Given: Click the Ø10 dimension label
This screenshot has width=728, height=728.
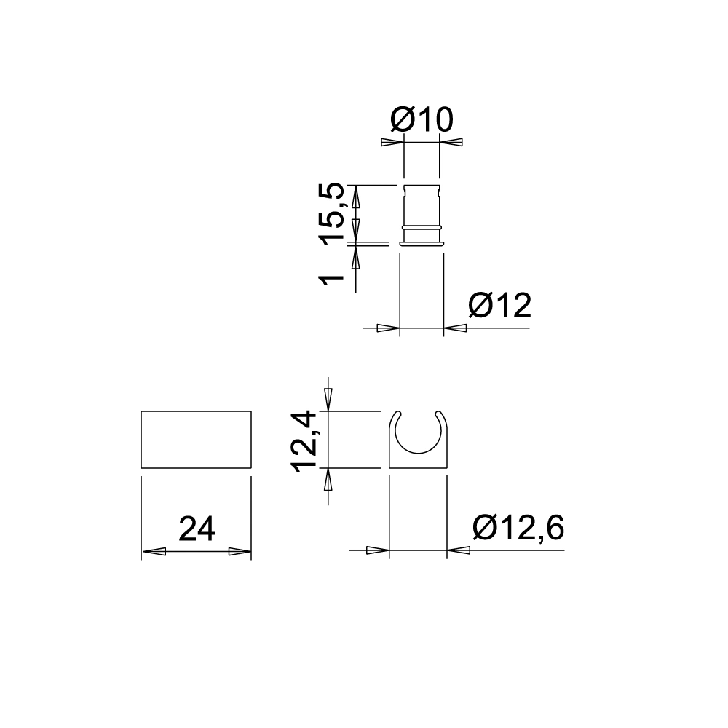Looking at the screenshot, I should pos(422,119).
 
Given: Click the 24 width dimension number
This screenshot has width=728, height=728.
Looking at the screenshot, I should pos(197,529).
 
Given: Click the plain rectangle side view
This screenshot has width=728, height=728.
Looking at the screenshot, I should pos(196,440).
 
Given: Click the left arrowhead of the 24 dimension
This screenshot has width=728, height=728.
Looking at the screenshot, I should pos(152,552).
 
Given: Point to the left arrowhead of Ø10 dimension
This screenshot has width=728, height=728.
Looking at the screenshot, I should pos(392,142).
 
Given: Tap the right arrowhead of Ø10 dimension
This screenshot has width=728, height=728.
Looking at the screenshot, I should pos(451,142).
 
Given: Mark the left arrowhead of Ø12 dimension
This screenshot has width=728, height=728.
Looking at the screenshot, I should pos(389,328).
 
